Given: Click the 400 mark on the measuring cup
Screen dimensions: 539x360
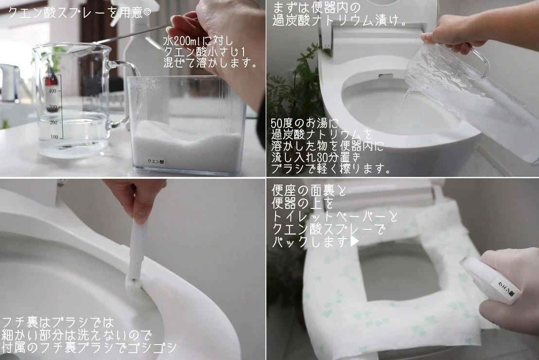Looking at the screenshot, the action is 52,91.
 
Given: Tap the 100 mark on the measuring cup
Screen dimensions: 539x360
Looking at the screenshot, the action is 54,137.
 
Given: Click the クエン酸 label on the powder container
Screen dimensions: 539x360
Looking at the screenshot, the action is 156,161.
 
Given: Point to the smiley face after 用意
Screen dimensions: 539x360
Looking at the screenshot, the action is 147,12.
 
